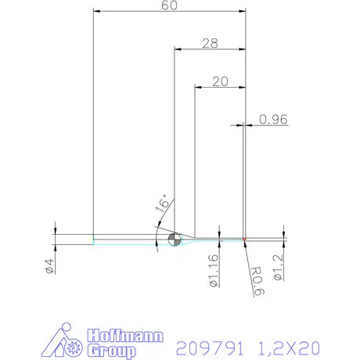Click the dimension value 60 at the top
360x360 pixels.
point(168,6)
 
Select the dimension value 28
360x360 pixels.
point(209,45)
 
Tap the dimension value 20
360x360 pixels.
point(219,81)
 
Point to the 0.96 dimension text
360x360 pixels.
point(274,119)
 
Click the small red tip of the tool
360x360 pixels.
point(245,238)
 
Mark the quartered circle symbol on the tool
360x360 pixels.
point(174,239)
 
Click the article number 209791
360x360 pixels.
point(211,346)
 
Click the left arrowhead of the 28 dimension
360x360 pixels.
point(176,51)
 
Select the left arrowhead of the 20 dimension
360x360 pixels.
point(196,88)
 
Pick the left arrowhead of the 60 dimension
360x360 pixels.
point(95,13)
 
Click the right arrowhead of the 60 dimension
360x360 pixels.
point(243,13)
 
